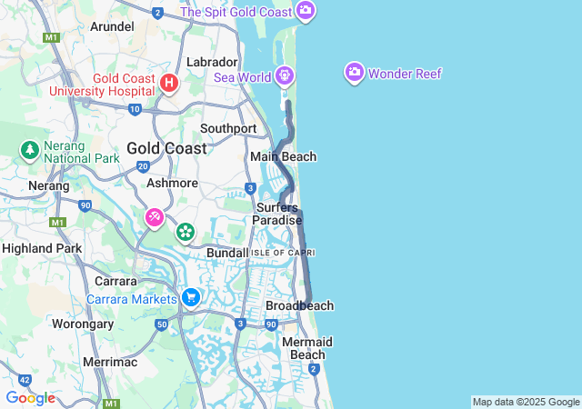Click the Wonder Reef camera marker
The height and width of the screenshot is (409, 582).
point(354,73)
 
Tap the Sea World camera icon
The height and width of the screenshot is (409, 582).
point(286,75)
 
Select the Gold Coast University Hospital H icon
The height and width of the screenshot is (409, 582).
point(168,84)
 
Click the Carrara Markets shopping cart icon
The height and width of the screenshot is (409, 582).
point(190,297)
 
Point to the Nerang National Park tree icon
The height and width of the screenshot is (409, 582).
point(29,148)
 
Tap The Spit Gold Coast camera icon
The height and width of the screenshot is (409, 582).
point(306,12)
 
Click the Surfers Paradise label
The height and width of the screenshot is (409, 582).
point(276,214)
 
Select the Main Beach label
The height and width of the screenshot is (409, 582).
point(284,157)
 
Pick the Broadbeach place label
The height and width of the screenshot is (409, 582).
point(299,306)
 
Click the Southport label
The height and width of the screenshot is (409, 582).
point(228,129)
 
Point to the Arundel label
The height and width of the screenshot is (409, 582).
point(112,26)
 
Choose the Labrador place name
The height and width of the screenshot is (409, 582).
point(211,62)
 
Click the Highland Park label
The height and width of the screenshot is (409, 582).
point(42,248)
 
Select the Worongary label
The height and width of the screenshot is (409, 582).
point(83,323)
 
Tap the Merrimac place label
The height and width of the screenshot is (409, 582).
point(109,361)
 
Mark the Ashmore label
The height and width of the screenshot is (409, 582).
point(172,183)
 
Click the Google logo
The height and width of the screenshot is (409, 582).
point(30,398)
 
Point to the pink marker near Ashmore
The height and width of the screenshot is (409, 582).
point(155,218)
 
